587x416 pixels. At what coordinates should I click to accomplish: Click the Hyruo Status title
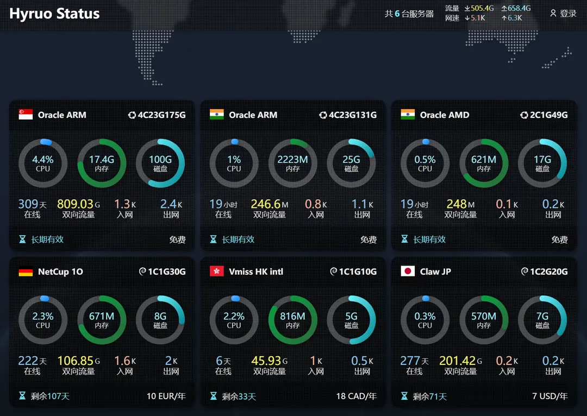point(54,14)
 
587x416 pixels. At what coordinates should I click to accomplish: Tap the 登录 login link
point(564,13)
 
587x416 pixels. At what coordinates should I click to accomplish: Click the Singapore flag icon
point(26,115)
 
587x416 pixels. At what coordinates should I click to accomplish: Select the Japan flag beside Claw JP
point(408,272)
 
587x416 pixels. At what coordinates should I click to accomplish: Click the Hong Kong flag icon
point(217,272)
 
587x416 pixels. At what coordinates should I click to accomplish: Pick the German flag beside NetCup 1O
point(26,272)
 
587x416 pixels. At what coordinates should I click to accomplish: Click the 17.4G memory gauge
point(102,163)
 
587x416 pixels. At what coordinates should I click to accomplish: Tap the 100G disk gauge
point(160,163)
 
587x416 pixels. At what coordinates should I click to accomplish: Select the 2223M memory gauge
point(292,163)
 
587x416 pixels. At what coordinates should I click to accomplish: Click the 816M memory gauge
point(292,320)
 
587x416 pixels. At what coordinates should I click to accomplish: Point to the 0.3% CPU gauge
point(425,320)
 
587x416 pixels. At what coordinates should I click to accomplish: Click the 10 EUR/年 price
point(166,396)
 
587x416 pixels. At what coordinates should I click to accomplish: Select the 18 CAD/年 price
point(356,396)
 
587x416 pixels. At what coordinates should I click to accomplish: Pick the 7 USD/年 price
point(549,396)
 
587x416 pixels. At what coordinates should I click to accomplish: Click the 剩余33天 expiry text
point(239,396)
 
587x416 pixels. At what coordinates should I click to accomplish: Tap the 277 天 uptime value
point(414,361)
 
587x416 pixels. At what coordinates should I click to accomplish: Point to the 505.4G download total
point(479,8)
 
